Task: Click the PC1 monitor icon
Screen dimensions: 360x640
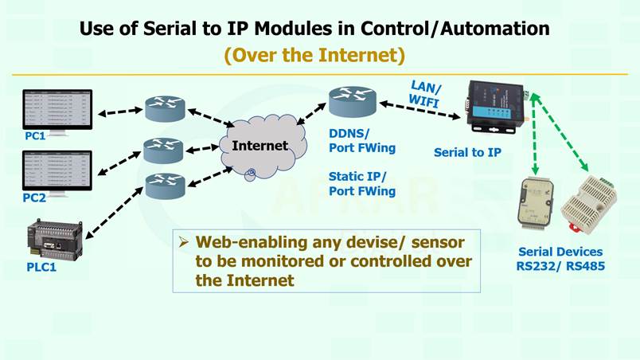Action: pos(57,108)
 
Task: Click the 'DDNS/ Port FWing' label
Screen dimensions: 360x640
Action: pos(361,141)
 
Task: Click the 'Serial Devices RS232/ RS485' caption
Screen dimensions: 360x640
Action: pos(561,258)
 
